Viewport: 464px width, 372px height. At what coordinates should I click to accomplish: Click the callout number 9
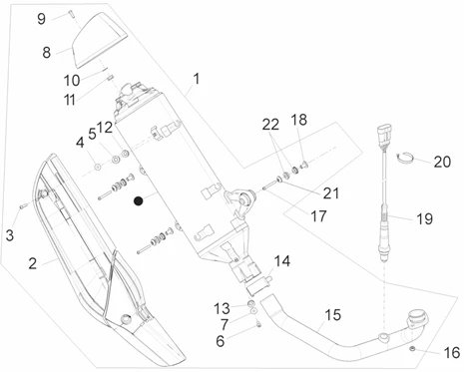41,19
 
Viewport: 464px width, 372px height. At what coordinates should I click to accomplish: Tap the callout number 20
442,162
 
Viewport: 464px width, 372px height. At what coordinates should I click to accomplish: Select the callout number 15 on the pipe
333,315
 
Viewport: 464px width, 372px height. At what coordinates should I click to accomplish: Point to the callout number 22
270,125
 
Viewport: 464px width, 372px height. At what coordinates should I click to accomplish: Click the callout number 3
10,235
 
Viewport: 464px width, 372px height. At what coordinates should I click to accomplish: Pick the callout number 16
452,353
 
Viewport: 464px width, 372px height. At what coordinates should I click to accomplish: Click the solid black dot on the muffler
138,200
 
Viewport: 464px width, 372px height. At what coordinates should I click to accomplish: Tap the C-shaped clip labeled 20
405,158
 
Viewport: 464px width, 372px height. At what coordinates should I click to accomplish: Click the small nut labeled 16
412,349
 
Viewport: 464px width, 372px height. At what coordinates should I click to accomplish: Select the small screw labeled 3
22,206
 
